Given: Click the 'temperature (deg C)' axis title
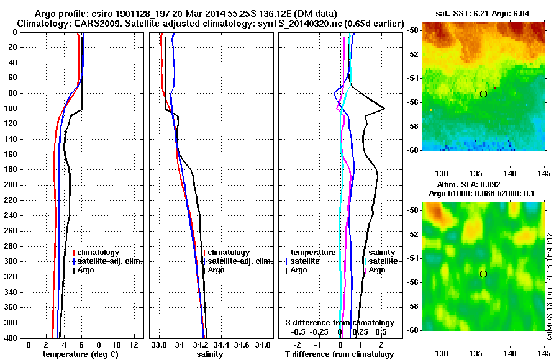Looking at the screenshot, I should pyautogui.click(x=80, y=354).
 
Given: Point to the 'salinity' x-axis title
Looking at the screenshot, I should pyautogui.click(x=209, y=354).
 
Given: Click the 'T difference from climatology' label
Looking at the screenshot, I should pyautogui.click(x=339, y=354).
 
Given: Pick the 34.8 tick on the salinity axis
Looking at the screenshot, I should pyautogui.click(x=263, y=344).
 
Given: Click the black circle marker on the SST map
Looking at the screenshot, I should pyautogui.click(x=483, y=94).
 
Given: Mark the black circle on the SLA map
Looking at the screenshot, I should pyautogui.click(x=483, y=274).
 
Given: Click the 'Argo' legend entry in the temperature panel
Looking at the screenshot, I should pyautogui.click(x=86, y=270).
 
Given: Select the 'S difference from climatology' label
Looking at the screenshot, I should pyautogui.click(x=339, y=323).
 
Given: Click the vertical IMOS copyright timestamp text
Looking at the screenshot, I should pyautogui.click(x=549, y=286).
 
